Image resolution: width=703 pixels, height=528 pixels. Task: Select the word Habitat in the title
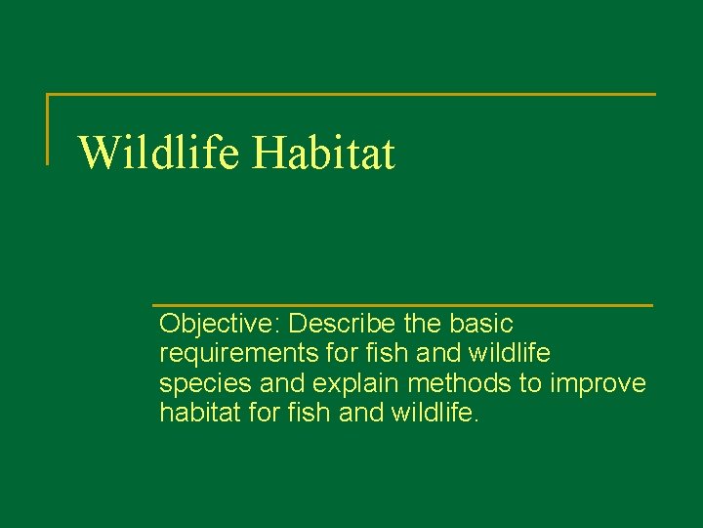[x=324, y=154]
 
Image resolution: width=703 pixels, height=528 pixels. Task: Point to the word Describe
[x=335, y=323]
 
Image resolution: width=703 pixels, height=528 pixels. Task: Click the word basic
[x=482, y=323]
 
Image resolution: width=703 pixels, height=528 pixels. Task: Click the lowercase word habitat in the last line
[x=200, y=413]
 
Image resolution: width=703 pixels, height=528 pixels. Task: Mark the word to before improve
[x=529, y=383]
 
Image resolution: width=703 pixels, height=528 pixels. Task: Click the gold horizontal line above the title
[x=351, y=95]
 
